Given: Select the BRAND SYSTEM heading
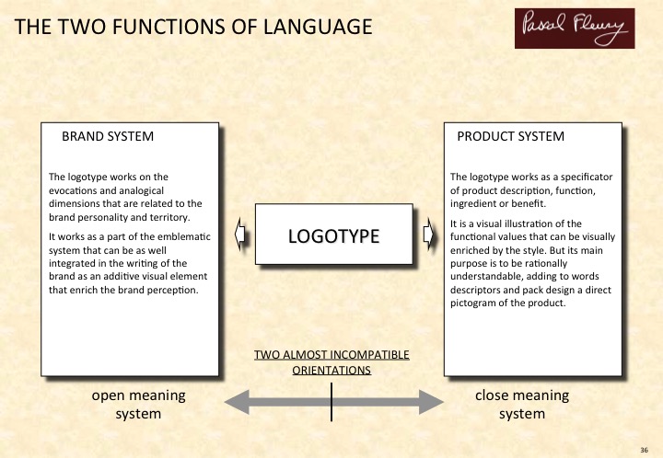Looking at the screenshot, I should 107,137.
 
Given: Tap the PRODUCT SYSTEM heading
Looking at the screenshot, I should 510,137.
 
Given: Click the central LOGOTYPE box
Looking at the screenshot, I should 333,235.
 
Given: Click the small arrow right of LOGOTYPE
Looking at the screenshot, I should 428,235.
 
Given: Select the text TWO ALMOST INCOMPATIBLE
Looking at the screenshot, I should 331,355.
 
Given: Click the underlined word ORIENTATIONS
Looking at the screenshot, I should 331,371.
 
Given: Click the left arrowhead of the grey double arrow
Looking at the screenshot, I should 237,400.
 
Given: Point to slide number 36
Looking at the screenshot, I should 644,449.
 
